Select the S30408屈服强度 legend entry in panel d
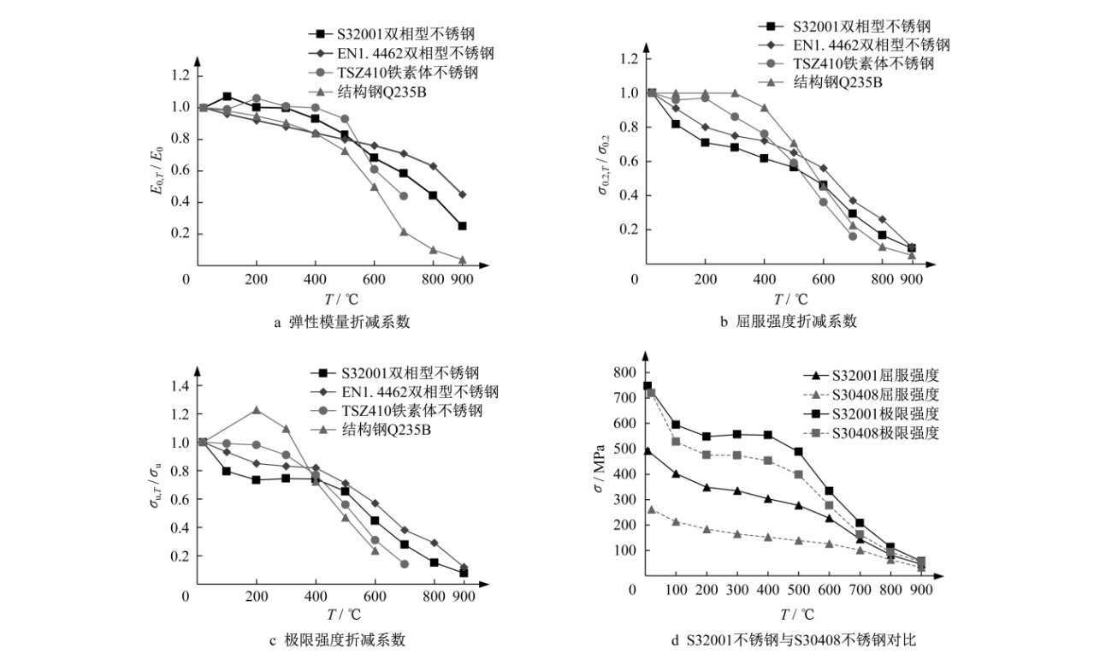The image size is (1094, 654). [x=884, y=395]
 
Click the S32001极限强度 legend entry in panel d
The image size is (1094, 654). [x=884, y=413]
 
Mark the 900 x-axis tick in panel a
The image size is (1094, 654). [x=463, y=280]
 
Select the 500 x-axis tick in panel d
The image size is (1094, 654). [x=799, y=591]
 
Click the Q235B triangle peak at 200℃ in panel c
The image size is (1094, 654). [x=256, y=410]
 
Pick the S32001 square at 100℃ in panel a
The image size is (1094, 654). [x=227, y=97]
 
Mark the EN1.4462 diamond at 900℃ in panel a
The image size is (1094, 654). [x=463, y=194]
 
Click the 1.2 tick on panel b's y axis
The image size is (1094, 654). [x=629, y=59]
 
